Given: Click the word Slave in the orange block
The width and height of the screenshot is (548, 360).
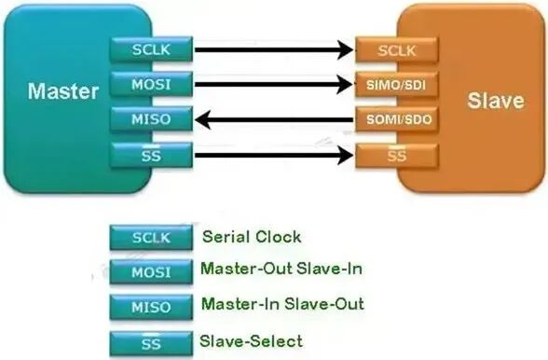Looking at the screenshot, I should (x=495, y=100).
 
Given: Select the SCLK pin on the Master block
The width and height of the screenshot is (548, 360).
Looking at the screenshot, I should (x=151, y=49).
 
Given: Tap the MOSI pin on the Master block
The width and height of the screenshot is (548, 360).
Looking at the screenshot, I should (x=151, y=84).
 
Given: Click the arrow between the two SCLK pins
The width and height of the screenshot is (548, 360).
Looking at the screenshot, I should (x=274, y=49).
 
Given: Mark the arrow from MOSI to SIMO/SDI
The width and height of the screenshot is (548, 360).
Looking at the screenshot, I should (x=274, y=85).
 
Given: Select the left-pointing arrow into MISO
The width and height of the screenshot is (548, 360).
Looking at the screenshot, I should (x=274, y=119).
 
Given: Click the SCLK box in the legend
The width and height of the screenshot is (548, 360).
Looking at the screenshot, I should (x=151, y=239).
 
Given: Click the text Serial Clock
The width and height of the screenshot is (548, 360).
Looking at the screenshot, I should (x=251, y=238).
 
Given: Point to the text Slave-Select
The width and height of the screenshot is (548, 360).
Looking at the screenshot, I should (x=251, y=340).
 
